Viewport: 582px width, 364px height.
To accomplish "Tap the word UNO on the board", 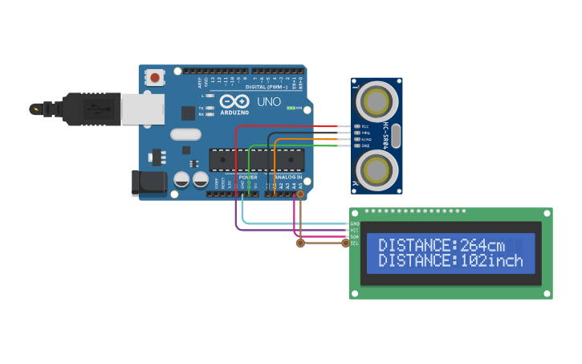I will point(268,102).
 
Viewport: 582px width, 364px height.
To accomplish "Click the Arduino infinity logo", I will point(234,102).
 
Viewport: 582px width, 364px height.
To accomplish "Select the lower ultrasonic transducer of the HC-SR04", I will point(376,170).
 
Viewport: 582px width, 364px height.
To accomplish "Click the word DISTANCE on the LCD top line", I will point(416,245).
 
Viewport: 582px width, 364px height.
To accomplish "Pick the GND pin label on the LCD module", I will point(354,223).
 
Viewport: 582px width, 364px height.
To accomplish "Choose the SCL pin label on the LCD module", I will point(354,243).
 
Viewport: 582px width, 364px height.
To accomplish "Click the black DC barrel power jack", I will point(149,182).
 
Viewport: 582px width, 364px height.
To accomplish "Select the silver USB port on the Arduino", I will point(143,109).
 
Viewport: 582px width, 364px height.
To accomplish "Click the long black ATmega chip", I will point(257,159).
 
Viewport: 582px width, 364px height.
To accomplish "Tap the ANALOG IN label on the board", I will point(288,177).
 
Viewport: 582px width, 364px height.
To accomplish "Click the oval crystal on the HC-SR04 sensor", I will point(396,136).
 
